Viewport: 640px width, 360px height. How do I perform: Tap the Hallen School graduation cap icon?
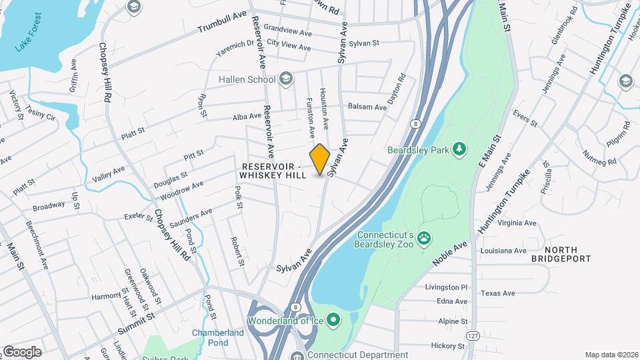click(x=286, y=79)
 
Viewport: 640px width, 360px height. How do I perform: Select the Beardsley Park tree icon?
click(x=459, y=149)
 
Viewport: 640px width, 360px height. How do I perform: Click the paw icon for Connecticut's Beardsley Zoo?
click(x=423, y=237)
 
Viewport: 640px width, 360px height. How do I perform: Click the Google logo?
click(x=22, y=352)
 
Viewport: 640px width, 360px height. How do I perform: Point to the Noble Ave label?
click(x=451, y=255)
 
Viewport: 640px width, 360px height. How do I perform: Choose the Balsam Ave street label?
click(x=367, y=107)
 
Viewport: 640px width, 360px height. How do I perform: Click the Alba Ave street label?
click(x=247, y=116)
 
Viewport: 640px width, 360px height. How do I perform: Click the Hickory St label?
click(x=447, y=346)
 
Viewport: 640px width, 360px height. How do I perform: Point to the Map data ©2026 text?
click(x=611, y=355)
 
